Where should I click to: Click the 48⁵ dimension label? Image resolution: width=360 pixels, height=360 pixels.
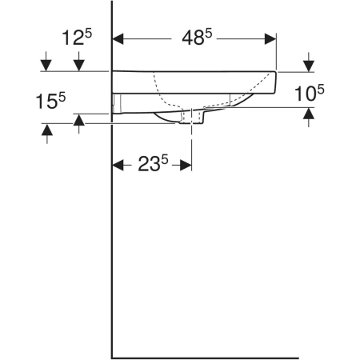[197, 37]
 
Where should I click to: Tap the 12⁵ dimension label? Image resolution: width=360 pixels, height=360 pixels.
[77, 37]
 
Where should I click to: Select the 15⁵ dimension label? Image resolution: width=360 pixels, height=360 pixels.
[50, 101]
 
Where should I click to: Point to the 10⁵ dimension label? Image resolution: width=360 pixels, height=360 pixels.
[310, 93]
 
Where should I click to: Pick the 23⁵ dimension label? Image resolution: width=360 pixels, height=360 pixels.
[153, 163]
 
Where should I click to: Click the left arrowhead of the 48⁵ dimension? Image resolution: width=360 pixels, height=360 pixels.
[118, 39]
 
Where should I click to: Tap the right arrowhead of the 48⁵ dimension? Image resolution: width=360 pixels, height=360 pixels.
[270, 39]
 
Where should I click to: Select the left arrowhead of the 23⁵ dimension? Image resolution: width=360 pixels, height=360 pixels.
[118, 165]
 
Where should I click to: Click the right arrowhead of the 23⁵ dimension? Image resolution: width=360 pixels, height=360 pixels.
[186, 165]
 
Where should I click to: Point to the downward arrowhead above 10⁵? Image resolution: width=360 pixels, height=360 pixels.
[309, 66]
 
